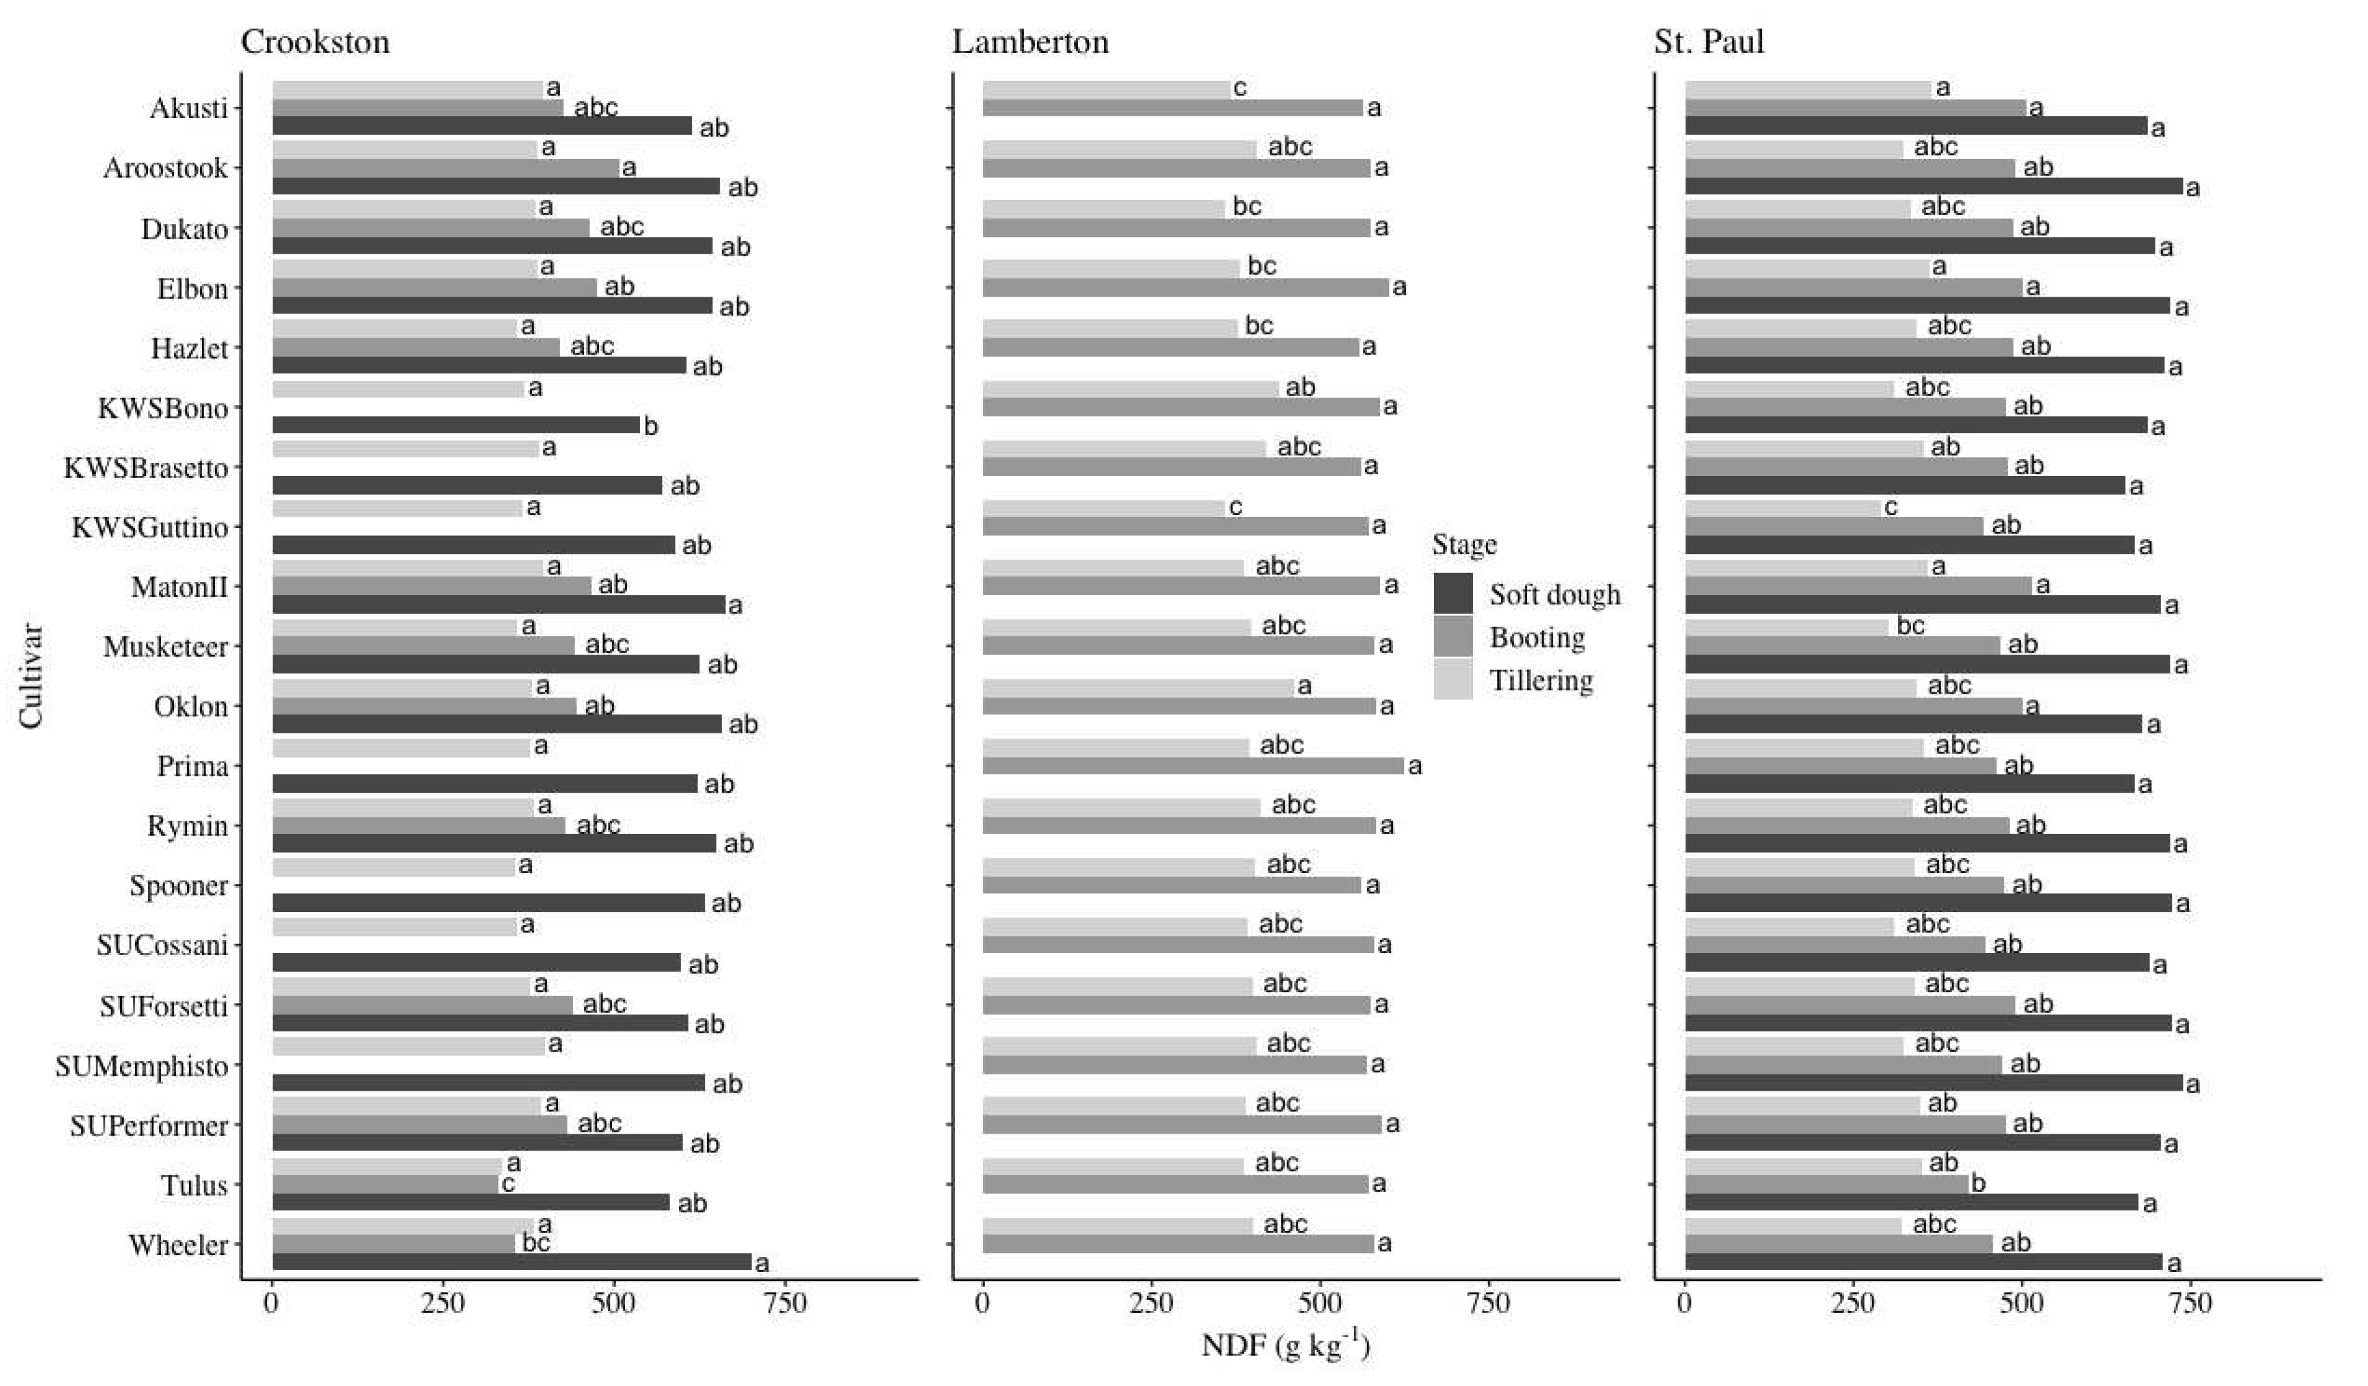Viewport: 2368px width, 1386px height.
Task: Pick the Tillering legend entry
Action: click(1540, 681)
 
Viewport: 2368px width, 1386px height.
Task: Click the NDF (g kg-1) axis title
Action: click(1285, 1346)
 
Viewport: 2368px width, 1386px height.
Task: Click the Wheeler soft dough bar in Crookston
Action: click(512, 1262)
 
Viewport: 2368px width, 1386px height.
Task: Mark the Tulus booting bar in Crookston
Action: click(385, 1184)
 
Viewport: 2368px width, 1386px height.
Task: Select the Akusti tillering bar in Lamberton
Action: click(1106, 89)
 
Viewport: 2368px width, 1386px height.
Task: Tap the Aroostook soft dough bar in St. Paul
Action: click(1933, 186)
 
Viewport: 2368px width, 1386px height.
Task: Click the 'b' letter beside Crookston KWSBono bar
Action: click(650, 426)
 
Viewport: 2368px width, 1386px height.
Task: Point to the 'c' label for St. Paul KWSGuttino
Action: click(1891, 507)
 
